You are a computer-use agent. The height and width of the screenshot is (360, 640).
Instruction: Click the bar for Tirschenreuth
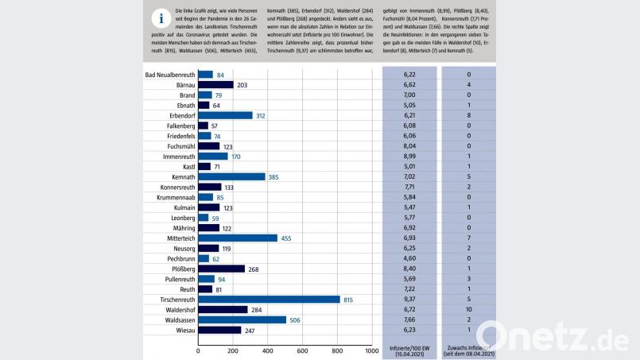pos(269,300)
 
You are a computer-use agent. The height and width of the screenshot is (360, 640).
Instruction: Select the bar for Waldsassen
pos(242,319)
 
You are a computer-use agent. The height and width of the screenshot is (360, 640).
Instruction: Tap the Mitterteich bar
pos(238,238)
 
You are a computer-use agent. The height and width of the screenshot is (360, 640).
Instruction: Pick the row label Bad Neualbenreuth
pos(170,75)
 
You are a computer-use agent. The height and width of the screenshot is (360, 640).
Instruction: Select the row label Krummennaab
pos(172,197)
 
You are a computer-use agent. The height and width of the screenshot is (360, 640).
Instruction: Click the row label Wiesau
pos(182,330)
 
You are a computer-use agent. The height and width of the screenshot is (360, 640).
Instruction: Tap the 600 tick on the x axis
pos(302,350)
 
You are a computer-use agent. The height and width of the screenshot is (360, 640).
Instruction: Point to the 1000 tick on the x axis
pos(371,350)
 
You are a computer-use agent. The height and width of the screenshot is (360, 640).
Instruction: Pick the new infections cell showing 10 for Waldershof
pos(469,309)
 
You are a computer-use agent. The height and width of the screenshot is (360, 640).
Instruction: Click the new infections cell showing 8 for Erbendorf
pos(469,115)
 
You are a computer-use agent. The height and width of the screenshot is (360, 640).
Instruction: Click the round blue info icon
pos(162,19)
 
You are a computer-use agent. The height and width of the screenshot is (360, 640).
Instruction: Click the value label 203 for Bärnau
pos(243,84)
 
